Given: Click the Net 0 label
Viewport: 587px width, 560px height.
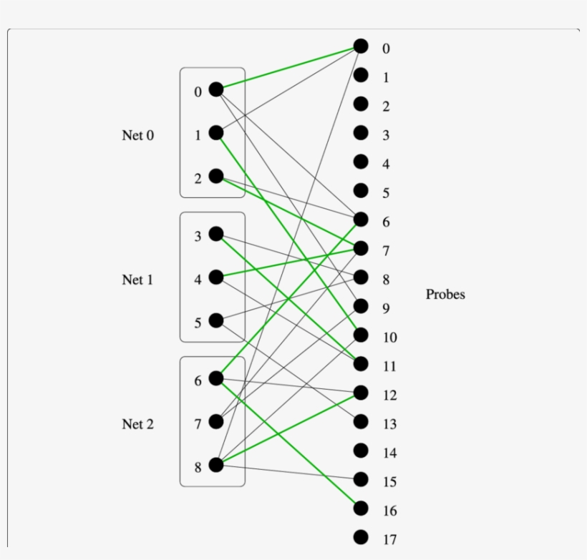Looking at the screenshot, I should point(137,135).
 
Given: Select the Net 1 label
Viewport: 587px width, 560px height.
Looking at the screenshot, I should point(137,280).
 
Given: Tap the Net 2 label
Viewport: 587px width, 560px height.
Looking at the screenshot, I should point(137,424).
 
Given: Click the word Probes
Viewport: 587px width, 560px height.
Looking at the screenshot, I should point(445,294).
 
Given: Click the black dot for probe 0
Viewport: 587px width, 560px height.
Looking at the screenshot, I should point(361,46).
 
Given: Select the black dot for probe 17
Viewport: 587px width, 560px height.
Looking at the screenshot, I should point(361,537).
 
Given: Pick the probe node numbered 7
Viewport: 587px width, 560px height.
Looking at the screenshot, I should point(361,248).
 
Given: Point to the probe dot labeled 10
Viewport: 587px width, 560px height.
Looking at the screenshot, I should point(361,335).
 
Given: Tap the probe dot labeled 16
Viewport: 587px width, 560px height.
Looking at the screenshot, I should point(361,508).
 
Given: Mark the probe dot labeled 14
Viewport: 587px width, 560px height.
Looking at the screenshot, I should point(361,451).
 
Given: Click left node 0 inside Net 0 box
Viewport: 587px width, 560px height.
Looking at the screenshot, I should point(216,89).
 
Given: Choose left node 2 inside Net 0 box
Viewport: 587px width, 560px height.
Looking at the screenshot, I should point(216,176).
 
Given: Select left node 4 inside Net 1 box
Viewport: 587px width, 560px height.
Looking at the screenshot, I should point(216,277).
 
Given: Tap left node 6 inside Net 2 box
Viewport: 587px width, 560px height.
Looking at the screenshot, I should point(216,378).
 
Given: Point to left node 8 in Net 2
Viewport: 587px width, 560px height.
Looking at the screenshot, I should point(216,465).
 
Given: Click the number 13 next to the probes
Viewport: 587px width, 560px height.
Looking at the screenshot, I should point(389,425).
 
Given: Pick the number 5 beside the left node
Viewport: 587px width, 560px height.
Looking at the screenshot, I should point(198,323).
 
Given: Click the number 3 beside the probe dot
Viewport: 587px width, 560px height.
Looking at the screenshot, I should point(386,136).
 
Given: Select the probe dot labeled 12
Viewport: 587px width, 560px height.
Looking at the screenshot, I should point(361,393).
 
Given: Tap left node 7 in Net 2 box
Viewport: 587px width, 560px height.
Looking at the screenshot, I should point(216,422).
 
